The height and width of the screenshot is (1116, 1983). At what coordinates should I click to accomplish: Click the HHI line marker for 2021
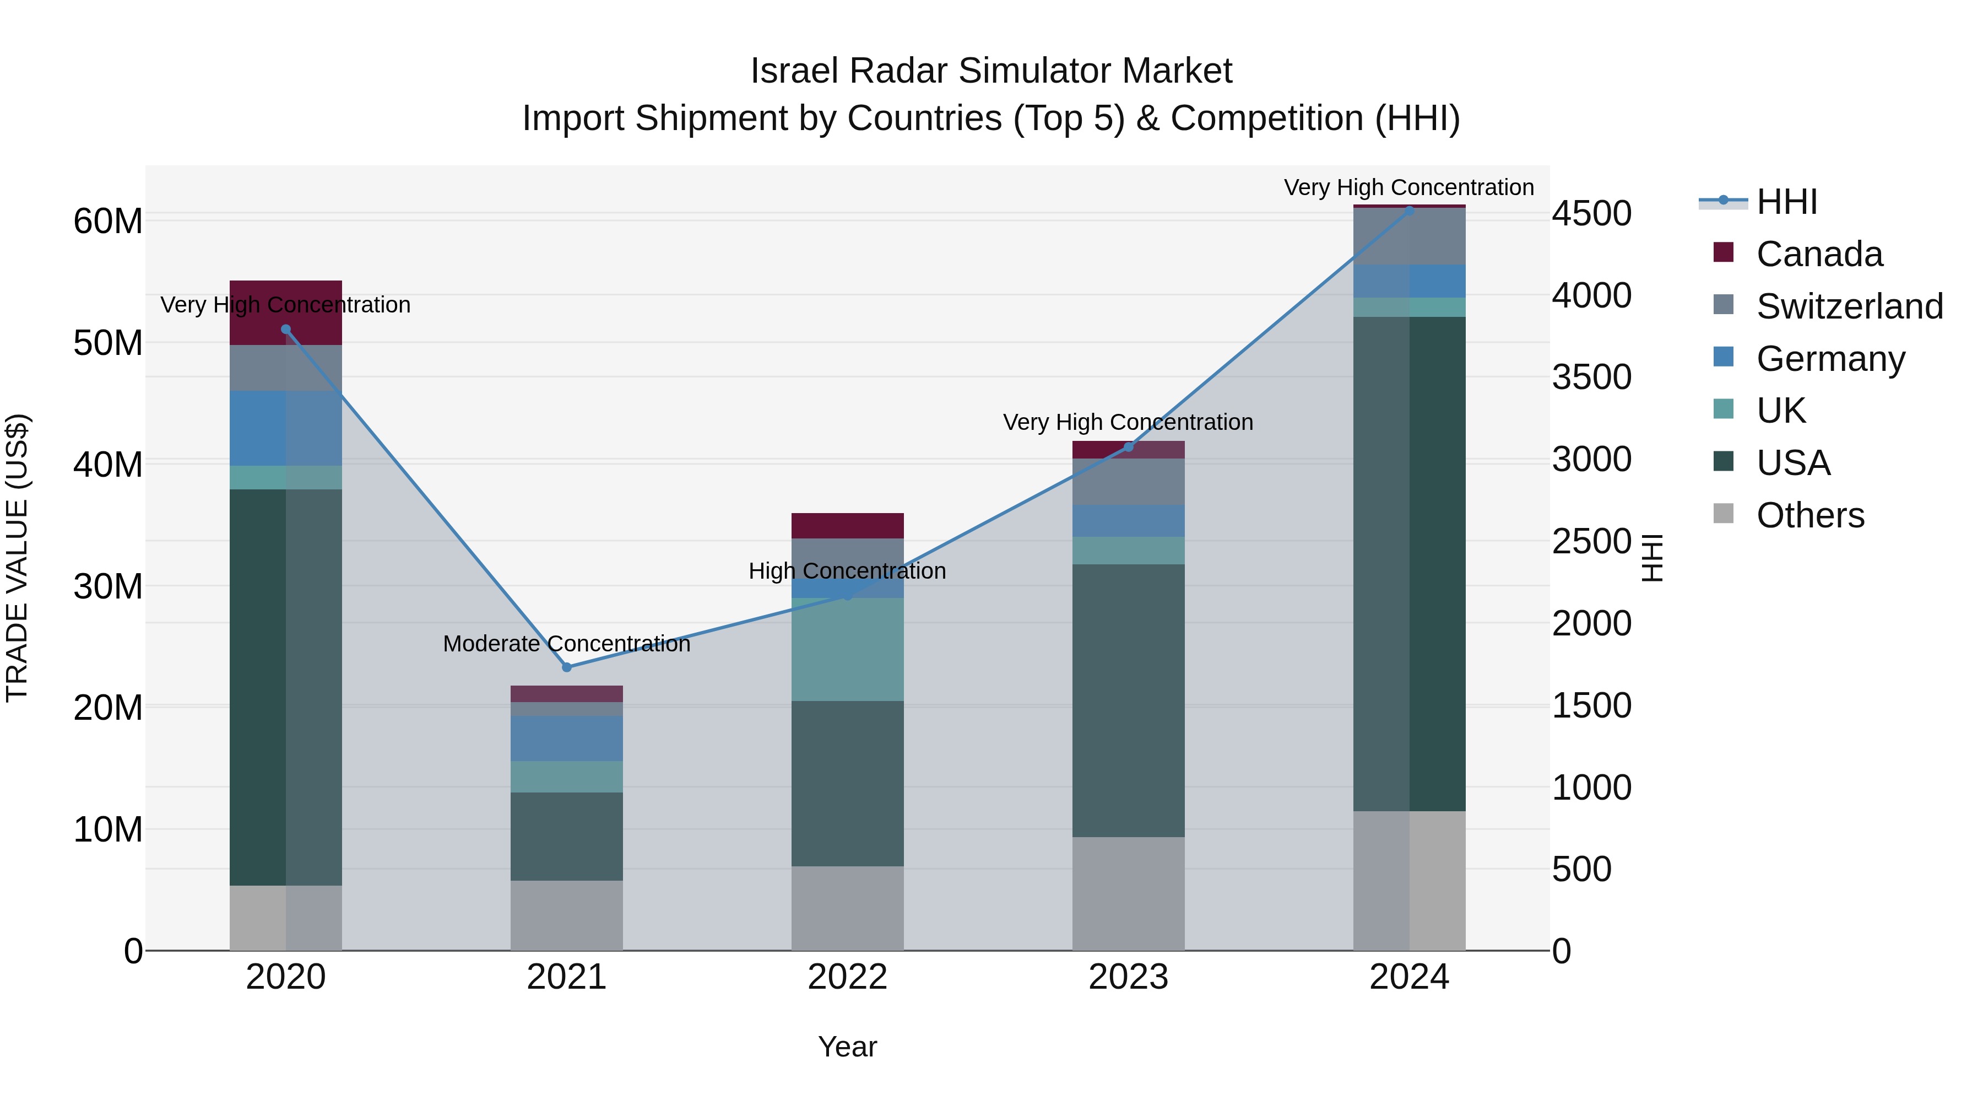coord(567,667)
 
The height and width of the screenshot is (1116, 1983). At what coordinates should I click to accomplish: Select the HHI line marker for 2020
coord(285,330)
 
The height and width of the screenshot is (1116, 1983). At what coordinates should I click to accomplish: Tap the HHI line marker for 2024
coord(1410,211)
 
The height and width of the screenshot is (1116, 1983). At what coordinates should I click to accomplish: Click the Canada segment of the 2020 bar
coord(285,312)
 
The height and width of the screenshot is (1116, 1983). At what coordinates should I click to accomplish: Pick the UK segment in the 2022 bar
coord(848,649)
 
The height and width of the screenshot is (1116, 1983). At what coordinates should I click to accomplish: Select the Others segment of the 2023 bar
coord(1129,893)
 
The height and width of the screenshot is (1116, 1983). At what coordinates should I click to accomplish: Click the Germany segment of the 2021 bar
coord(567,738)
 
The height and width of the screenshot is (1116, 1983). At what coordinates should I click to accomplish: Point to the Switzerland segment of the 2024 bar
coord(1410,236)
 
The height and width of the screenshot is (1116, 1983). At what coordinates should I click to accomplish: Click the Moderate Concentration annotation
coord(567,644)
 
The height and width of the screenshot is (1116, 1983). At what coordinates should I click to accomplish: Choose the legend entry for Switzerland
coord(1849,306)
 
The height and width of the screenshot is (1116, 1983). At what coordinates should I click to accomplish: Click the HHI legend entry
coord(1786,202)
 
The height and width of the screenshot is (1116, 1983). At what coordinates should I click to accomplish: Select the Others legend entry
coord(1809,515)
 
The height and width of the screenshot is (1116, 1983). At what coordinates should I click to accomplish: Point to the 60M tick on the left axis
coord(108,222)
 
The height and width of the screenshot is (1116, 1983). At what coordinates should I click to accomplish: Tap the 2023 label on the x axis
coord(1129,977)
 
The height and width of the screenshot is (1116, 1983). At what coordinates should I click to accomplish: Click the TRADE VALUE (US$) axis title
coord(17,558)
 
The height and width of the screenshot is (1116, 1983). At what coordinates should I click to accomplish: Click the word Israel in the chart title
coord(795,71)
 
